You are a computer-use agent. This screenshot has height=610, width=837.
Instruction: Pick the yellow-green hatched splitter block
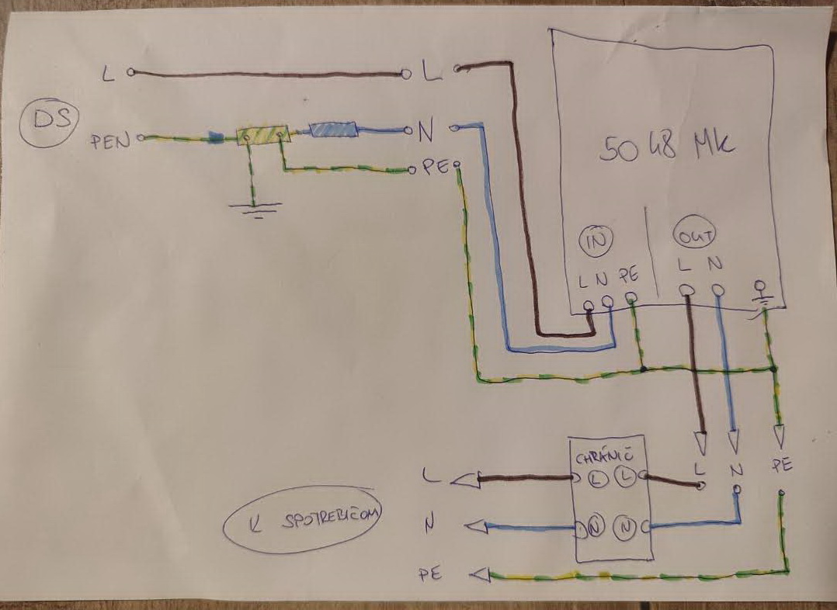pyautogui.click(x=263, y=136)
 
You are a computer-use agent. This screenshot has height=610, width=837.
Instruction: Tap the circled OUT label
pyautogui.click(x=694, y=234)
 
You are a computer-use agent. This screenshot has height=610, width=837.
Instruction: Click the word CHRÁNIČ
pyautogui.click(x=601, y=459)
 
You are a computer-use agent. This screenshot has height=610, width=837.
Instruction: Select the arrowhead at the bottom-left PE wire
pyautogui.click(x=480, y=575)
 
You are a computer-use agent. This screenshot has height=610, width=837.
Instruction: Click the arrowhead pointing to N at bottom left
pyautogui.click(x=474, y=528)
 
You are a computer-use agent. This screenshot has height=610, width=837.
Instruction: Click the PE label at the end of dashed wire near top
pyautogui.click(x=432, y=168)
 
